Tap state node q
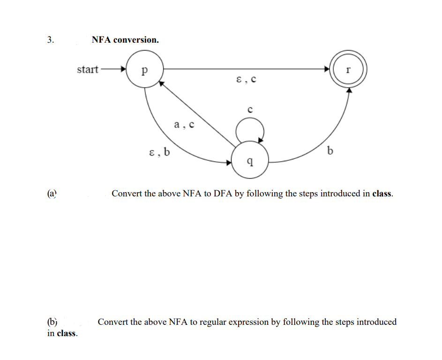tap(250, 161)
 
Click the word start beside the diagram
tap(88, 69)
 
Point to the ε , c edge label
tap(247, 79)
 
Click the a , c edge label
tap(184, 125)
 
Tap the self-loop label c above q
tap(250, 110)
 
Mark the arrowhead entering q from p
tap(229, 163)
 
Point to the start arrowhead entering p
tap(123, 70)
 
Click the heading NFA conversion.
tap(125, 40)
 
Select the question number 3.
tap(51, 40)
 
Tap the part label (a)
tap(52, 193)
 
